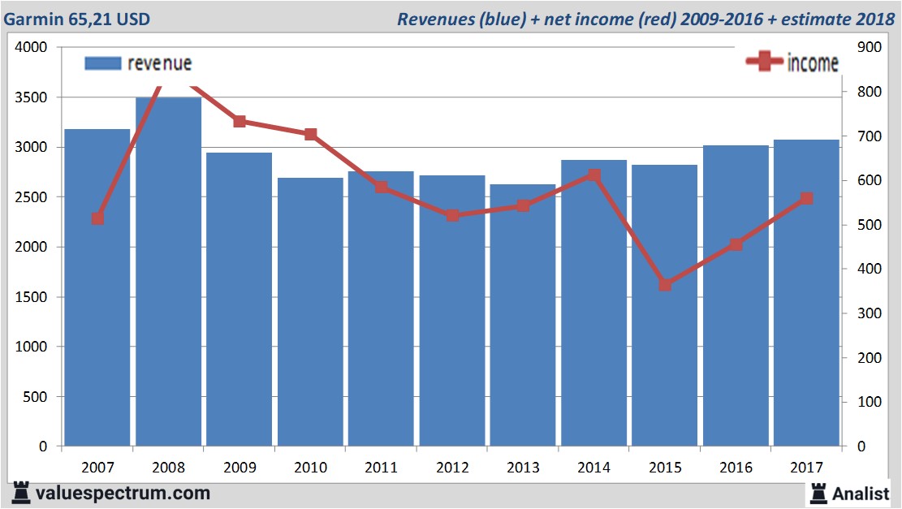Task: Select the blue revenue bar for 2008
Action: click(x=168, y=272)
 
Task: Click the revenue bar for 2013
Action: click(x=523, y=317)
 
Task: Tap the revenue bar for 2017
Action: click(x=806, y=292)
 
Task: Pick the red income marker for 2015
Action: click(x=665, y=285)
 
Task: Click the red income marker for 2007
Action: click(x=97, y=218)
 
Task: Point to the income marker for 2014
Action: click(x=594, y=175)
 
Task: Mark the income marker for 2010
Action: click(x=310, y=134)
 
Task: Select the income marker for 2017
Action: click(x=806, y=198)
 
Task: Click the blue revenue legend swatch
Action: click(x=103, y=63)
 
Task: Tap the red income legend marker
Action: click(x=765, y=62)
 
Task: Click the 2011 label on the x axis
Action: click(x=381, y=468)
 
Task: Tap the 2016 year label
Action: click(x=736, y=468)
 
